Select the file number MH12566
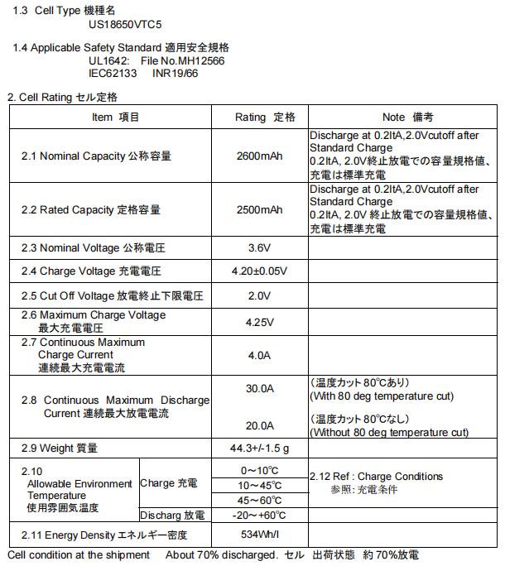pyautogui.click(x=195, y=61)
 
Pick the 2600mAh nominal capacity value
pyautogui.click(x=259, y=155)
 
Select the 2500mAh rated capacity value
pyautogui.click(x=259, y=209)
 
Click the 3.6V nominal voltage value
pyautogui.click(x=260, y=247)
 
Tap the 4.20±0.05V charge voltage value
pyautogui.click(x=260, y=271)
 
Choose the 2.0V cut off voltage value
pyautogui.click(x=260, y=295)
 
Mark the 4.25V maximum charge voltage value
pyautogui.click(x=260, y=322)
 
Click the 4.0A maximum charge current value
pyautogui.click(x=260, y=354)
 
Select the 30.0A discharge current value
pyautogui.click(x=260, y=388)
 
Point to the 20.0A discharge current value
pyautogui.click(x=260, y=425)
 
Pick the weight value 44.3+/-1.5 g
pyautogui.click(x=260, y=448)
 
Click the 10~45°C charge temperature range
pyautogui.click(x=260, y=486)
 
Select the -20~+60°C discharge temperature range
pyautogui.click(x=260, y=514)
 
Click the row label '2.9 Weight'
pyautogui.click(x=60, y=448)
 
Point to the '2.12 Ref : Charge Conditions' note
pyautogui.click(x=376, y=477)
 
